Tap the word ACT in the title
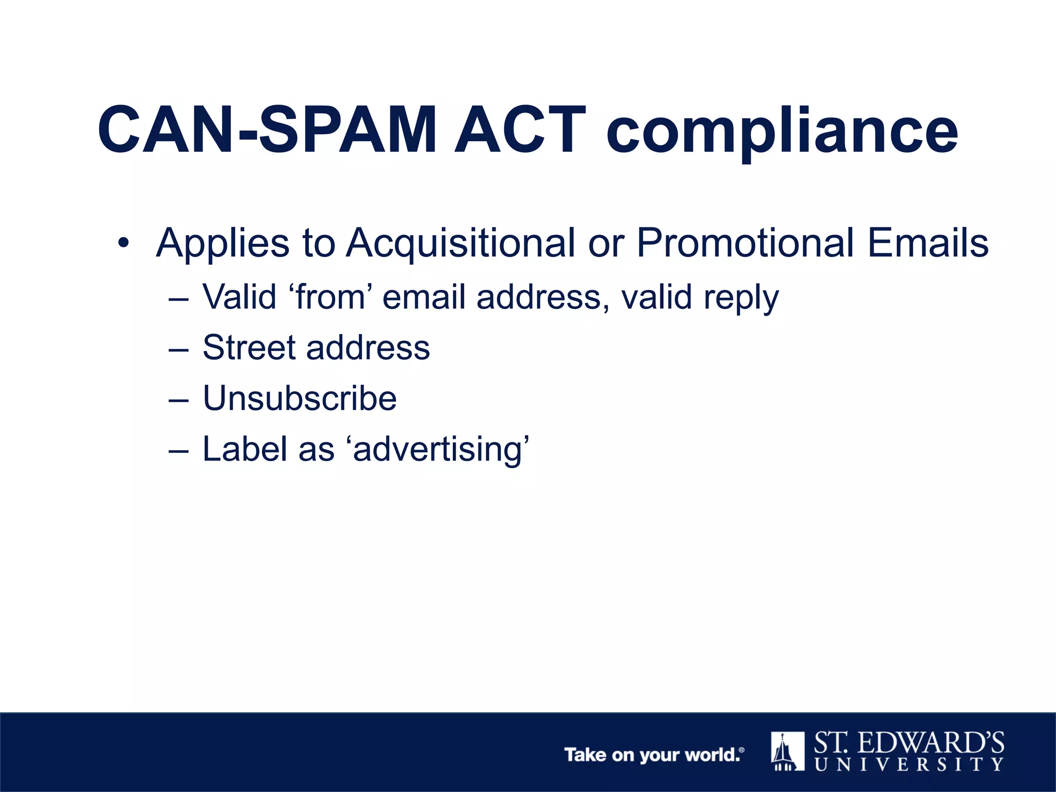pyautogui.click(x=520, y=130)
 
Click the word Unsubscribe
pyautogui.click(x=300, y=398)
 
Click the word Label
pyautogui.click(x=244, y=449)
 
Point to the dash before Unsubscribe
pyautogui.click(x=179, y=399)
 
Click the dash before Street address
pyautogui.click(x=179, y=349)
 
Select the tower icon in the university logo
pyautogui.click(x=787, y=751)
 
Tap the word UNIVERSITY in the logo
pyautogui.click(x=909, y=764)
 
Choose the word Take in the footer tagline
pyautogui.click(x=585, y=755)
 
